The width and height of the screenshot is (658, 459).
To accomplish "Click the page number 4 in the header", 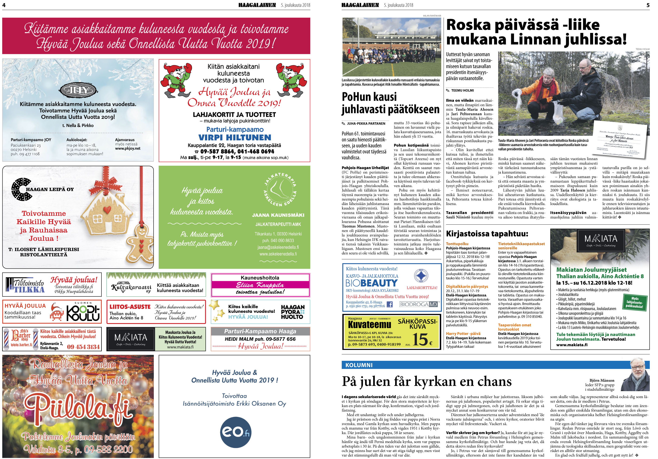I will pyautogui.click(x=4, y=5).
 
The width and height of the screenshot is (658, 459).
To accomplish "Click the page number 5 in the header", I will pyautogui.click(x=648, y=5).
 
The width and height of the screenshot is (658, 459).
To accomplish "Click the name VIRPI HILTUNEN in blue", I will pyautogui.click(x=234, y=138).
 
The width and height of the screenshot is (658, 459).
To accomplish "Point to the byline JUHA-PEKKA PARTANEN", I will pyautogui.click(x=366, y=123).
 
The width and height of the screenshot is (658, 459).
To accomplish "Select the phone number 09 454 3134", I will pyautogui.click(x=83, y=347).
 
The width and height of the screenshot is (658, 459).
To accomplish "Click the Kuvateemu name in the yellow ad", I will pyautogui.click(x=369, y=325).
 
